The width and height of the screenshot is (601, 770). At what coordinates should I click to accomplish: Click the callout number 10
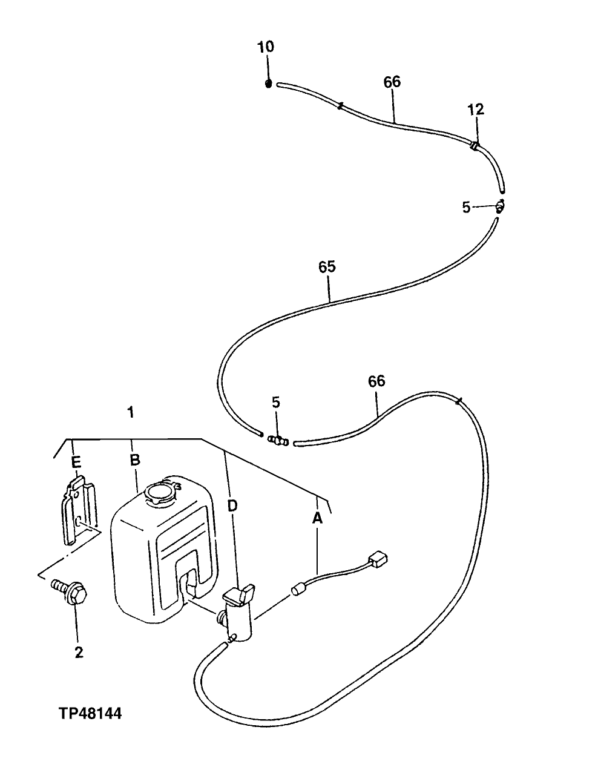[x=266, y=47]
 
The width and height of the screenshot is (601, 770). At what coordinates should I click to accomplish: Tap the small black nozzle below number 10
[x=269, y=84]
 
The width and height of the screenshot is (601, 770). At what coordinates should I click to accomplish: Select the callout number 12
[x=476, y=110]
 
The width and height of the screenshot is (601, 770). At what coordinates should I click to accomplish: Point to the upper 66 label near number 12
[x=392, y=82]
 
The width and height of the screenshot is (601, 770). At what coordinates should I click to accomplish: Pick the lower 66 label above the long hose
[x=376, y=381]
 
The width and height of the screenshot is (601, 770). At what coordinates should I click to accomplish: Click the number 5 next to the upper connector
[x=466, y=207]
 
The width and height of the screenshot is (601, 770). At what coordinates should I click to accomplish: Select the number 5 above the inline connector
[x=276, y=402]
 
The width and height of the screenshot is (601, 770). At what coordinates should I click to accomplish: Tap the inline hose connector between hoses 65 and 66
[x=278, y=441]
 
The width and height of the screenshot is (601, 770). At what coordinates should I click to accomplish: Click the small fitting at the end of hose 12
[x=501, y=206]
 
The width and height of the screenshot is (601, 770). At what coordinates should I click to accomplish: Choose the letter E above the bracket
[x=76, y=462]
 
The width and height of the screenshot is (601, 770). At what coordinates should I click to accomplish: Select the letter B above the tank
[x=135, y=460]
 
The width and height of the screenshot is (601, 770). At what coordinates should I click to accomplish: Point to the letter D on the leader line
[x=232, y=505]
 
